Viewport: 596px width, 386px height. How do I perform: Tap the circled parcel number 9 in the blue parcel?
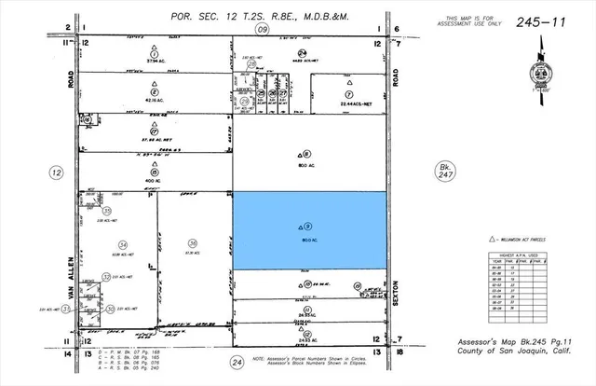click(308, 225)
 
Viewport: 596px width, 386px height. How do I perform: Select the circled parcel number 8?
click(308, 155)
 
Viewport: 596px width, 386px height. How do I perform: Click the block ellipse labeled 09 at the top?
click(263, 30)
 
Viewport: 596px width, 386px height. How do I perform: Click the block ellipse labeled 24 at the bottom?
click(237, 361)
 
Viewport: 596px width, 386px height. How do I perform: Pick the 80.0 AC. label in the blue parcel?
click(308, 240)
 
